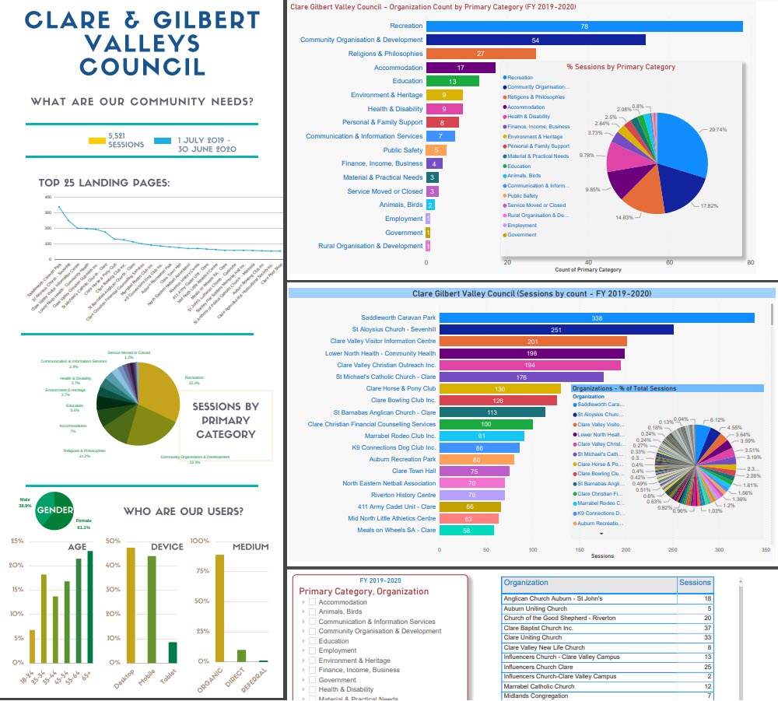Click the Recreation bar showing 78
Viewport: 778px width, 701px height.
[x=583, y=26]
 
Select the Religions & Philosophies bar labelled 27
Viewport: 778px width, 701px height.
[x=481, y=54]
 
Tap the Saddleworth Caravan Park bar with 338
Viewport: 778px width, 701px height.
[x=597, y=317]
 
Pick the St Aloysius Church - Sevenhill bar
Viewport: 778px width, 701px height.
[x=556, y=330]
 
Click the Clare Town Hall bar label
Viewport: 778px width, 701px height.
[x=414, y=471]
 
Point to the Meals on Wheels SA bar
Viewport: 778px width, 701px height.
[x=466, y=531]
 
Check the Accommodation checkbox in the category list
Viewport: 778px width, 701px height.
[x=312, y=602]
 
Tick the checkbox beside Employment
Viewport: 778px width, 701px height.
[x=312, y=650]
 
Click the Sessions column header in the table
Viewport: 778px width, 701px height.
[x=695, y=582]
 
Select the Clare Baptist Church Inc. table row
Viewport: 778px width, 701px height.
[x=590, y=628]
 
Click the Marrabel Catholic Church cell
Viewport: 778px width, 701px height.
[x=590, y=686]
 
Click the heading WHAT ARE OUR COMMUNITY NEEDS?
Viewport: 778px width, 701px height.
[x=142, y=102]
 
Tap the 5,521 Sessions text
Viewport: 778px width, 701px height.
[x=126, y=140]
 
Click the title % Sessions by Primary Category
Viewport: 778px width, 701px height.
[x=621, y=67]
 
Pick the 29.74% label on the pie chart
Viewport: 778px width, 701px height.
[x=720, y=129]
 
